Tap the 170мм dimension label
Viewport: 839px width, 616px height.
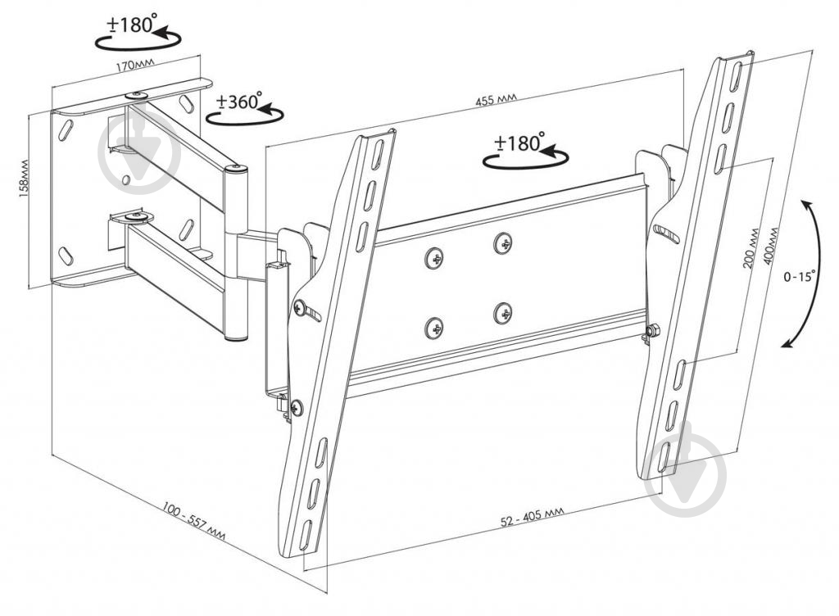click(x=135, y=66)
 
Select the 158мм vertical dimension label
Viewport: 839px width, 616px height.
click(x=24, y=179)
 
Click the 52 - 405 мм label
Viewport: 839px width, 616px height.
click(x=532, y=517)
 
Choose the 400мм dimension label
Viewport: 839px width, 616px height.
click(x=771, y=246)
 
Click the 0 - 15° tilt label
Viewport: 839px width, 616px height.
click(x=799, y=276)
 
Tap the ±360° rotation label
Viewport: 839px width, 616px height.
click(x=238, y=101)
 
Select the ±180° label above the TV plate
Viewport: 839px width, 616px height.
click(x=519, y=143)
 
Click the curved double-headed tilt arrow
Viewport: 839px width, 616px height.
click(x=814, y=274)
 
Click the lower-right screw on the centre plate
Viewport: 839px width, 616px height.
click(x=503, y=313)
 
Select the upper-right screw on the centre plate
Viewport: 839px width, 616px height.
click(x=503, y=243)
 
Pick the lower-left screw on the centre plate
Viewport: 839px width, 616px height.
click(x=435, y=328)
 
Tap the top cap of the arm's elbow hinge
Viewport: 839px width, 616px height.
click(x=236, y=170)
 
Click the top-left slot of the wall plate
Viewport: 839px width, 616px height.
click(x=66, y=130)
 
